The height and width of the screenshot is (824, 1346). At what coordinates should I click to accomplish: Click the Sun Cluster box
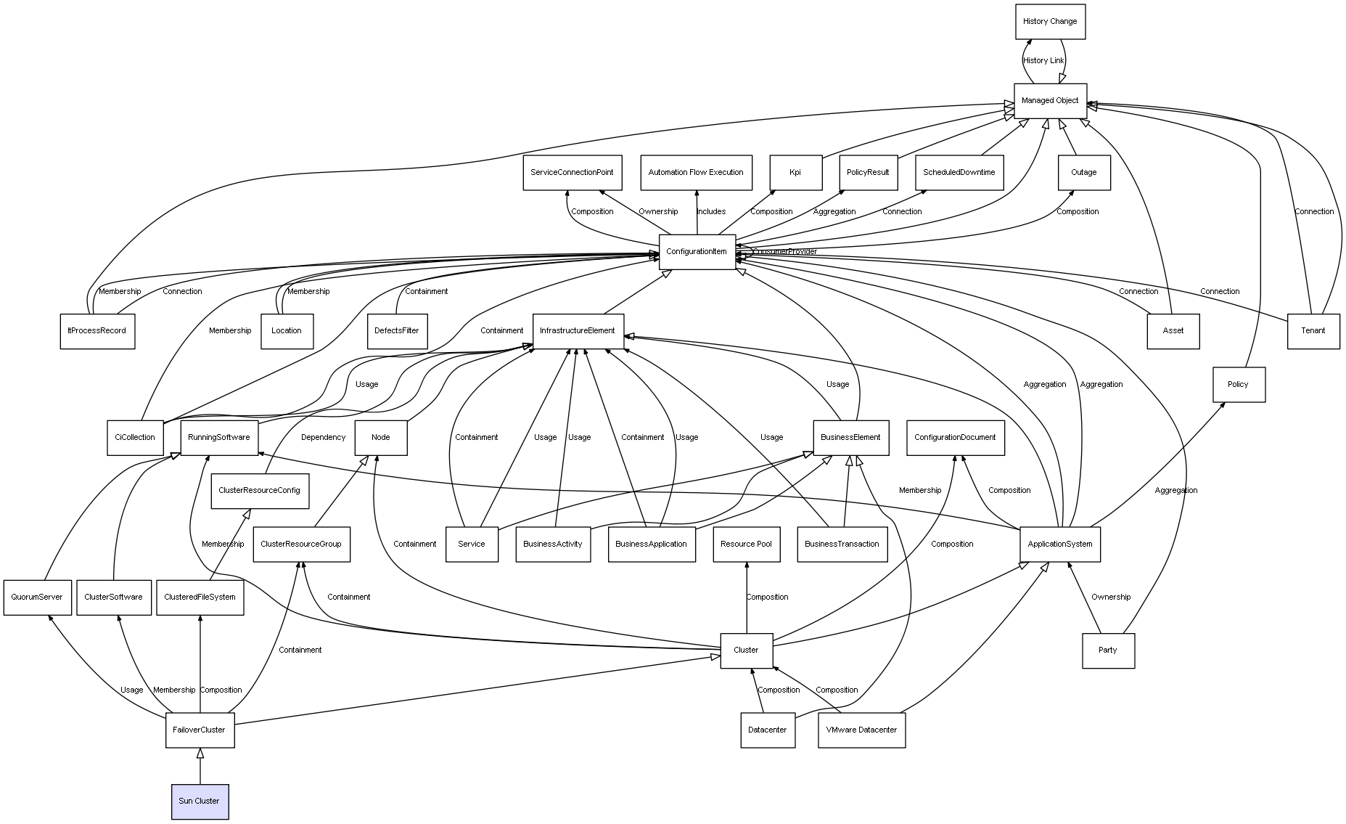tap(200, 801)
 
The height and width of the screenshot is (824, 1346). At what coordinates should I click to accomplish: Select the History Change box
tap(1049, 22)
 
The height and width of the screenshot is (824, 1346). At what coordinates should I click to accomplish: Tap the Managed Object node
tap(1049, 100)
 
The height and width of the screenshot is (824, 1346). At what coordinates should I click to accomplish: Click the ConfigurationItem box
tap(697, 252)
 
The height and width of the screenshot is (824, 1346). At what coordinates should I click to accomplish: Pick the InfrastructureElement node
tap(578, 331)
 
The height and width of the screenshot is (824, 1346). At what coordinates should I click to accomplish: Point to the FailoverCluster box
tap(200, 730)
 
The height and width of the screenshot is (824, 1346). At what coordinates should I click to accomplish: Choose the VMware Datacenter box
tap(861, 730)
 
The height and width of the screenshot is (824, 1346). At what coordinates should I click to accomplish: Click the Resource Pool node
tap(746, 544)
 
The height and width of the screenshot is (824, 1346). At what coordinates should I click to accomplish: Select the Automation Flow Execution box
tap(696, 173)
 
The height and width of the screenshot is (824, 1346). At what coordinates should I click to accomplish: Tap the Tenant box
tap(1313, 331)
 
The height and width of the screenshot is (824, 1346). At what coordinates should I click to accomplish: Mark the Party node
tap(1107, 650)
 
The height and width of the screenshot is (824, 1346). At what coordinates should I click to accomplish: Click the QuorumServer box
tap(37, 597)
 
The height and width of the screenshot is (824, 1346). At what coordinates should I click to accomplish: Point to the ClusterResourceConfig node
tap(259, 491)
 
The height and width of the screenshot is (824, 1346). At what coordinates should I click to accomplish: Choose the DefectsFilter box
tap(396, 331)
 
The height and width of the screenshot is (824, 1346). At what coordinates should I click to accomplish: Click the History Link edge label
tap(1043, 61)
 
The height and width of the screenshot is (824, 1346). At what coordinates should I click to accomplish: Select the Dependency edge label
tap(323, 438)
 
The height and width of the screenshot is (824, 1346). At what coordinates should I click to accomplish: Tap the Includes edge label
tap(711, 212)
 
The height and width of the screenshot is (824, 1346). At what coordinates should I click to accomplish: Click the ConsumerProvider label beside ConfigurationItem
tap(785, 252)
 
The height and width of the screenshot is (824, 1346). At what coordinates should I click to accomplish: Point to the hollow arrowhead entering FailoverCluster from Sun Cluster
tap(200, 754)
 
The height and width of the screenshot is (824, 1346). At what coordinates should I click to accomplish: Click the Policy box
tap(1238, 385)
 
